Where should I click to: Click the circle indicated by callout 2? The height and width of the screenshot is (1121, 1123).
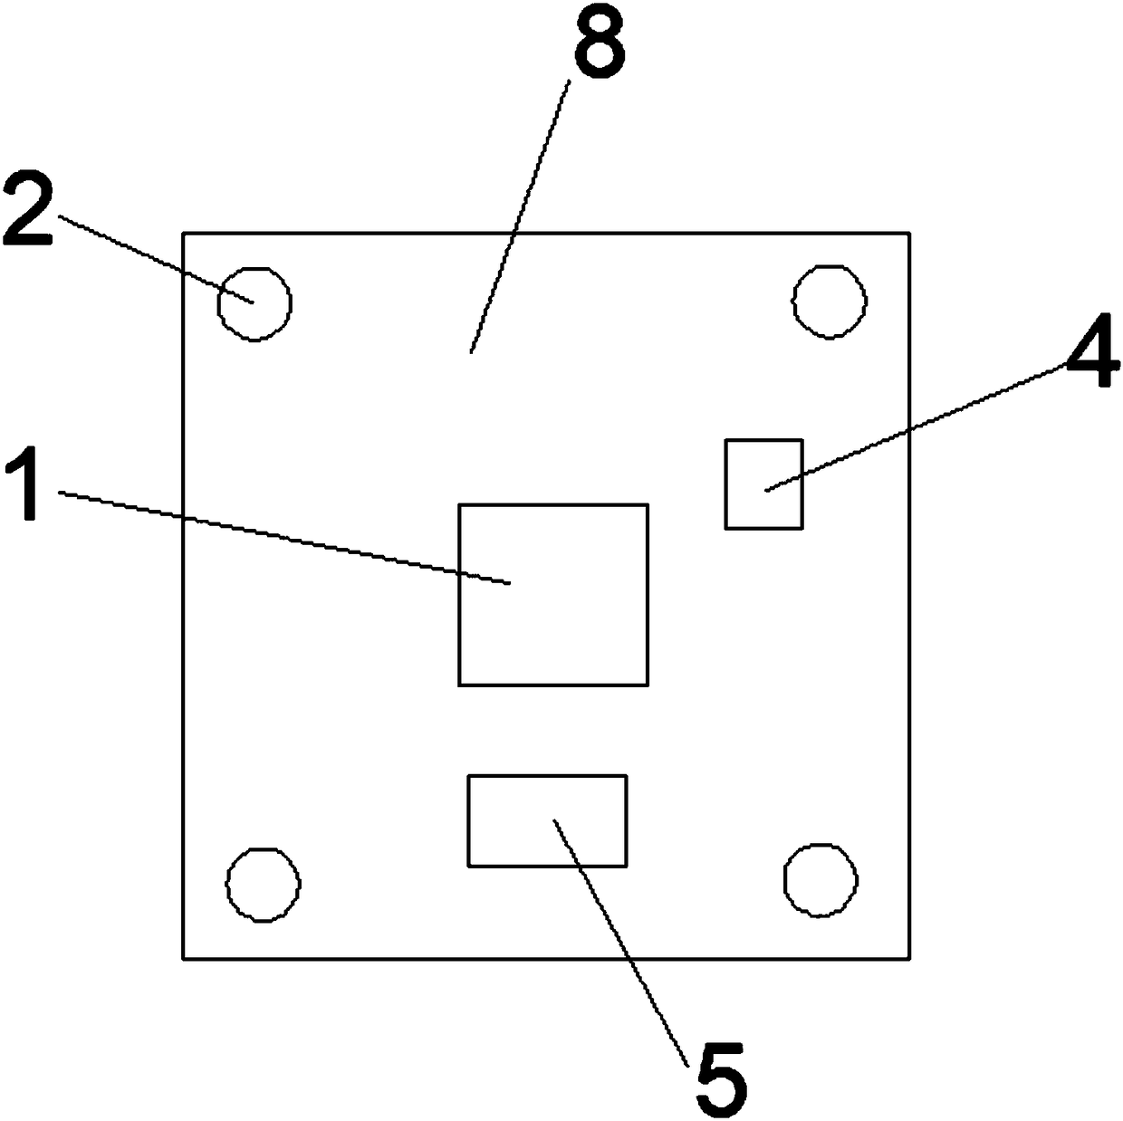click(x=254, y=303)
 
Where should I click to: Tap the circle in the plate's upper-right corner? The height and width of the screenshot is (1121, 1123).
click(x=830, y=302)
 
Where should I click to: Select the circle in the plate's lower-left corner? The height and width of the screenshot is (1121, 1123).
click(x=263, y=884)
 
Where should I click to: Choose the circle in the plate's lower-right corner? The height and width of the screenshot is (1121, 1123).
click(x=821, y=880)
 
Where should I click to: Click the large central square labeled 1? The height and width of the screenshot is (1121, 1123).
click(x=552, y=595)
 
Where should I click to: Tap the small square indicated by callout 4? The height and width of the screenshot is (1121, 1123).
click(x=763, y=484)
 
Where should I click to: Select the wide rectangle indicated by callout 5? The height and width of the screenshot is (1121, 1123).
click(x=547, y=820)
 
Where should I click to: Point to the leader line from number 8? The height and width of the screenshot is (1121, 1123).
click(x=518, y=217)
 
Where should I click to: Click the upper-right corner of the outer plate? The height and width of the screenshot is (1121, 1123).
click(x=908, y=233)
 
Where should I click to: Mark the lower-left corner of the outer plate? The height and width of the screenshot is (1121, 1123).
click(x=183, y=958)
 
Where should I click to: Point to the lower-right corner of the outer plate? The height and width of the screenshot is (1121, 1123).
click(x=908, y=958)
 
